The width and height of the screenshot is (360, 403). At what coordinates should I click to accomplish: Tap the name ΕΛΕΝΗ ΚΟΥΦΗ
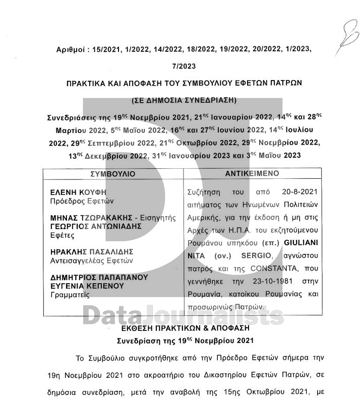79,193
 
